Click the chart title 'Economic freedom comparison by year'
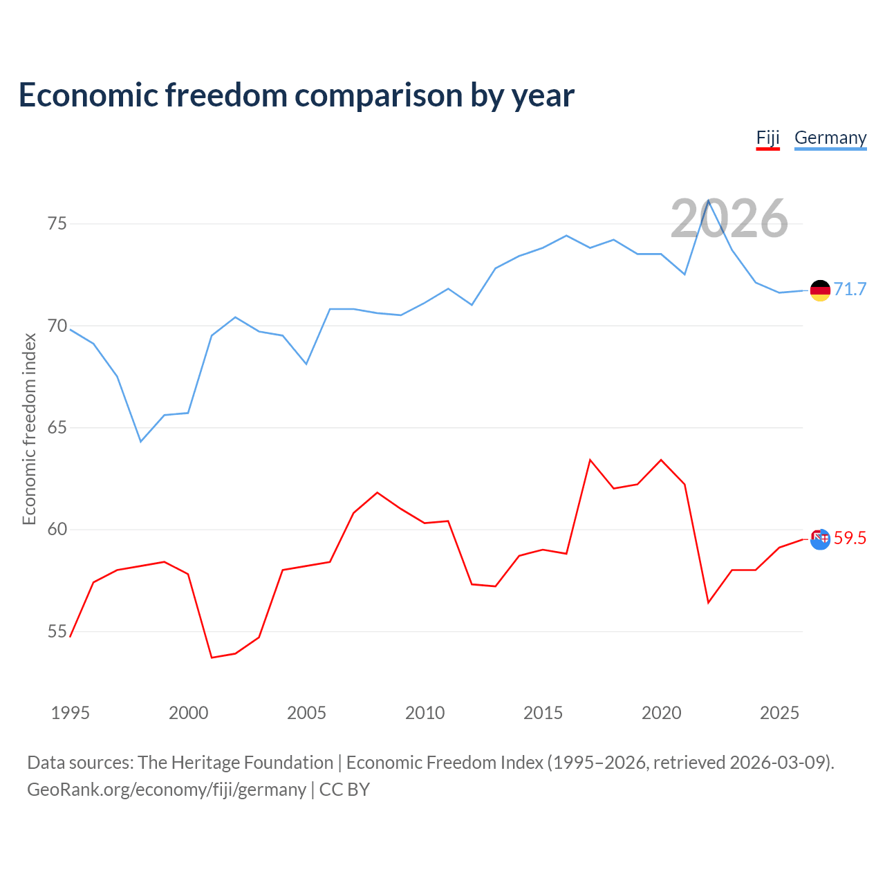point(296,95)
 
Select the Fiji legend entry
point(767,138)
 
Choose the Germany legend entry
point(830,138)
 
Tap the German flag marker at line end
point(820,290)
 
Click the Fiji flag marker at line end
point(820,539)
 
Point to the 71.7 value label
point(850,289)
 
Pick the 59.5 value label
point(850,538)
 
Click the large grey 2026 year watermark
point(729,218)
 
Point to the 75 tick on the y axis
point(57,224)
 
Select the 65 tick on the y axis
point(57,428)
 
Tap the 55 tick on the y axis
point(57,632)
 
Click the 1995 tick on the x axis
point(71,713)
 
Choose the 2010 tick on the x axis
point(425,713)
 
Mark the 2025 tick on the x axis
point(779,713)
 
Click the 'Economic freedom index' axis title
point(29,429)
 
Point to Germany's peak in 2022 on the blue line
point(709,200)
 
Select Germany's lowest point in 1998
point(141,441)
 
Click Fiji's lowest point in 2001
point(212,658)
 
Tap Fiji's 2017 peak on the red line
point(590,460)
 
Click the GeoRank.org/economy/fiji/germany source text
point(167,790)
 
